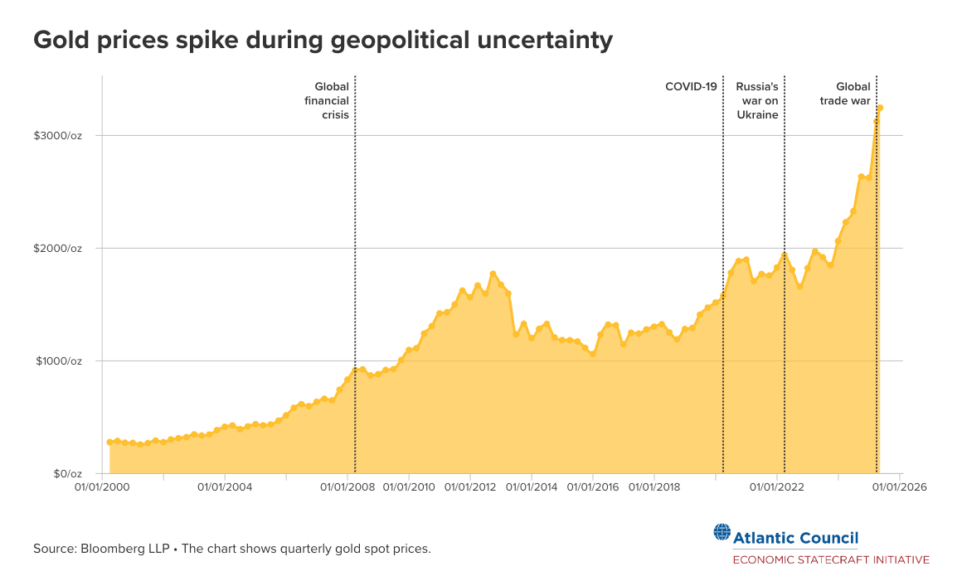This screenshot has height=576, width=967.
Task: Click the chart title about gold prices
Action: pos(323,40)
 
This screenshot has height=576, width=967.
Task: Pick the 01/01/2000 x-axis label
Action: pos(103,487)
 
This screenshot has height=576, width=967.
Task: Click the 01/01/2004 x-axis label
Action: pos(225,487)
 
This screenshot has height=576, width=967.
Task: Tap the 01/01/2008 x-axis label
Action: pos(347,487)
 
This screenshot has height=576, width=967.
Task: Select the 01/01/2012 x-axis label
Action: pos(470,487)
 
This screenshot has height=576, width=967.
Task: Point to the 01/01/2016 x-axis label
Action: pos(593,487)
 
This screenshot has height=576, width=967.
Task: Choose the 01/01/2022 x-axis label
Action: pos(776,487)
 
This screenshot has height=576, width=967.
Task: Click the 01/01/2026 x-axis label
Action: pos(899,487)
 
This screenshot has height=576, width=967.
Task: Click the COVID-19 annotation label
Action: pos(691,86)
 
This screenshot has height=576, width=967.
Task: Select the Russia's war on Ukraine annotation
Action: pos(757,100)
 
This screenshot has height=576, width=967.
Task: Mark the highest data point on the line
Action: pos(880,108)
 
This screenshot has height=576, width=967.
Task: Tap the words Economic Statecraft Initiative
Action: pos(830,559)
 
